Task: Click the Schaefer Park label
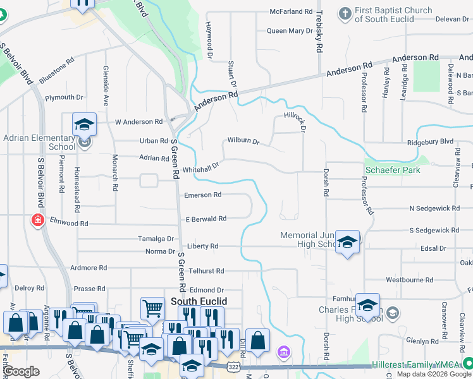pos(392,170)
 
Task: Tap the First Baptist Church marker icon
pos(345,13)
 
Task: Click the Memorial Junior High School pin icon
pos(347,242)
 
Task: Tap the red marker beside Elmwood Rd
pos(38,220)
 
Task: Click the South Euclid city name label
pos(199,302)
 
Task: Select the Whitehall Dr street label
pos(200,167)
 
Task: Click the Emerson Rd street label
pos(202,195)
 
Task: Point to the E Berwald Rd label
pos(206,219)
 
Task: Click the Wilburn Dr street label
pos(243,142)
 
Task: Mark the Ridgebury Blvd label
pos(431,142)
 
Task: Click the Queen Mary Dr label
pos(290,30)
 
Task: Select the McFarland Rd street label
pos(291,11)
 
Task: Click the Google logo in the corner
pos(21,371)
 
